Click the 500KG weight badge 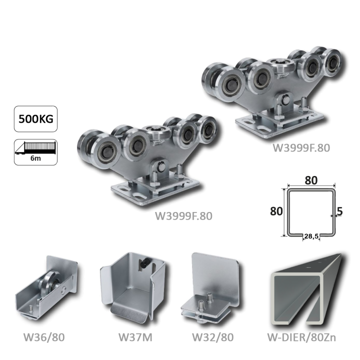click(x=36, y=119)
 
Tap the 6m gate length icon click(x=36, y=152)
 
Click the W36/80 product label click(x=44, y=337)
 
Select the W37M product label click(x=135, y=337)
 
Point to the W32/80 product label click(x=213, y=337)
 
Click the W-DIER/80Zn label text click(x=301, y=337)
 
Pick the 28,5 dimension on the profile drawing click(x=311, y=236)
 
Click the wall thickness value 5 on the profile click(x=340, y=211)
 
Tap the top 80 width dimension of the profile click(x=311, y=180)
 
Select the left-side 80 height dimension click(x=276, y=211)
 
